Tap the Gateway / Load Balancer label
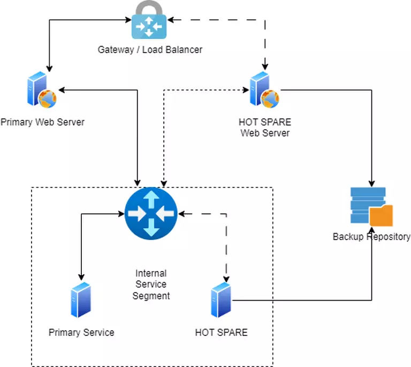[150, 50]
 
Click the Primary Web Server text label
[42, 122]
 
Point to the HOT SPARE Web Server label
[265, 128]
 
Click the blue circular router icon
[150, 214]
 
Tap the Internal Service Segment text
[151, 284]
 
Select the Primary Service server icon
[81, 301]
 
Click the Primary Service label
[81, 333]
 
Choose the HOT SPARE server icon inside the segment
[221, 301]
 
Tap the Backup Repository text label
[371, 237]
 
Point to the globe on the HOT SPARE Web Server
[270, 97]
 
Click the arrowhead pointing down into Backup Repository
[371, 182]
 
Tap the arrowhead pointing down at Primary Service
[81, 278]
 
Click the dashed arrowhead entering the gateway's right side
[173, 20]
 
